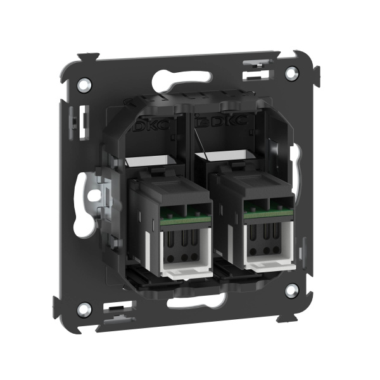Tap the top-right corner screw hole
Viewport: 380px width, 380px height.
(291, 73)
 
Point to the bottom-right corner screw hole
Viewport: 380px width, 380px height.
(291, 291)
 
